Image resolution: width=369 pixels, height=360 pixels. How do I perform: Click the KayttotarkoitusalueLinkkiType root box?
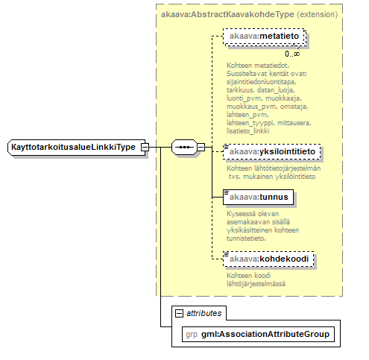tap(77, 148)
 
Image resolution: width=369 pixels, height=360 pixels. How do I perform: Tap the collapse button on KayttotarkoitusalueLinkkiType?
tap(145, 148)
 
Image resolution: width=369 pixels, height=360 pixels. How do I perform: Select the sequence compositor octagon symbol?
tap(184, 148)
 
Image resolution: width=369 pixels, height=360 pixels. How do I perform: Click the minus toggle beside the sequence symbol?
tap(201, 148)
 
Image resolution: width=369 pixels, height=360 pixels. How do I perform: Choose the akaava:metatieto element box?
tap(264, 37)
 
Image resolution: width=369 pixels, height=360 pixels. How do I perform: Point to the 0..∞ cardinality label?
tap(292, 54)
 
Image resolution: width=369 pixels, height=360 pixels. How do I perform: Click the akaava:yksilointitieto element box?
tap(272, 151)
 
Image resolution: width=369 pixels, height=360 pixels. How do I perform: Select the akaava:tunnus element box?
tap(258, 198)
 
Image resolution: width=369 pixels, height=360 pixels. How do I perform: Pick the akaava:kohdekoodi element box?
tap(268, 259)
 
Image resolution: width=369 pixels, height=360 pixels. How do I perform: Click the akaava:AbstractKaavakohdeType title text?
tap(227, 14)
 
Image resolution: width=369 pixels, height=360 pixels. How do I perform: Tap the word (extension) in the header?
tap(318, 14)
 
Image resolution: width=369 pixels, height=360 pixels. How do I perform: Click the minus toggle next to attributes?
tap(179, 313)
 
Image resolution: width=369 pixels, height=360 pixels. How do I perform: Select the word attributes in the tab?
tap(204, 313)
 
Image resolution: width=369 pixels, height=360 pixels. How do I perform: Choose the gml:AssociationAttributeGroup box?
tap(258, 335)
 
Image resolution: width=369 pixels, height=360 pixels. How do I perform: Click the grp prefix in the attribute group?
tap(192, 335)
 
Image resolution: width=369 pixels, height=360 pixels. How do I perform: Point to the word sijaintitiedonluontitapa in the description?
tap(261, 82)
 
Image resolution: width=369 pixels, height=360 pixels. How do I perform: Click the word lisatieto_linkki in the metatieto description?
tap(247, 131)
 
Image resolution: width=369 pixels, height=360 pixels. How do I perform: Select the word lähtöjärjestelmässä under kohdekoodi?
tap(256, 284)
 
